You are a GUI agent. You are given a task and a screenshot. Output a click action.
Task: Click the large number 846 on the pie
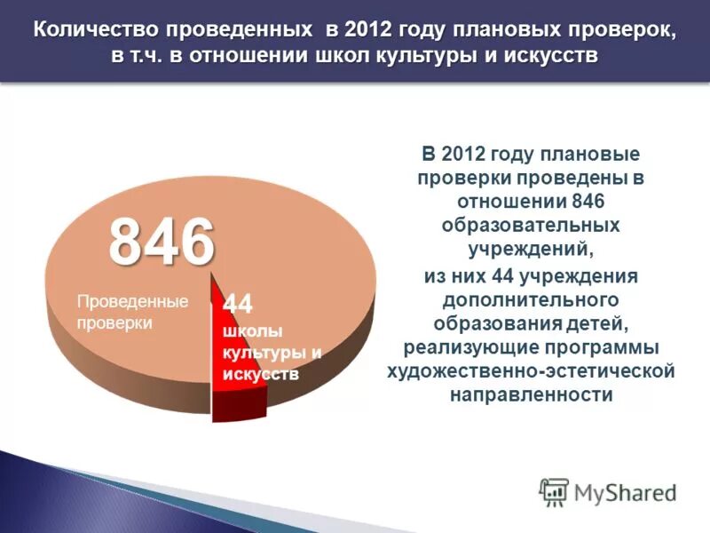coord(162,241)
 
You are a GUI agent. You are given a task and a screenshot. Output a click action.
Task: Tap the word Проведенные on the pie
coord(132,301)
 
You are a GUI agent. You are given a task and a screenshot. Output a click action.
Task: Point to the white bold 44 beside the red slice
coord(238,305)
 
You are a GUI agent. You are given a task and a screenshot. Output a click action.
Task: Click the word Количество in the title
coord(91,30)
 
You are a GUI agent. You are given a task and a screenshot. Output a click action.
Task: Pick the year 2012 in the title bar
coord(371,30)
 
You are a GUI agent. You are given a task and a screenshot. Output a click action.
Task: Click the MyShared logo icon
coord(555,491)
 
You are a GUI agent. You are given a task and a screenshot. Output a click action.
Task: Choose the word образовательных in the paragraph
coord(531,225)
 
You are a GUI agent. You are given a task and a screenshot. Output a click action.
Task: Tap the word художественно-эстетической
coord(531,370)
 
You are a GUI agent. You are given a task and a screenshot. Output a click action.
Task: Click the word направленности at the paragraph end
coord(531,394)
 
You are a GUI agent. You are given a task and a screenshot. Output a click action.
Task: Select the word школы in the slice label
coord(252,331)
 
